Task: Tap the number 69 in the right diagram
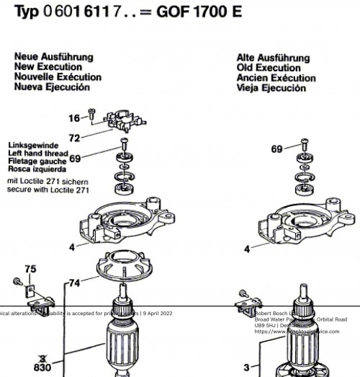(x=277, y=149)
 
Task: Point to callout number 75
(x=30, y=270)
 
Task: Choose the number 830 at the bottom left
(x=42, y=366)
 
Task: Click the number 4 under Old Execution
(x=247, y=249)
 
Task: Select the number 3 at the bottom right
(x=246, y=367)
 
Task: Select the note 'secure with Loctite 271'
(x=48, y=190)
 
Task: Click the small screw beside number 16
(x=91, y=112)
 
